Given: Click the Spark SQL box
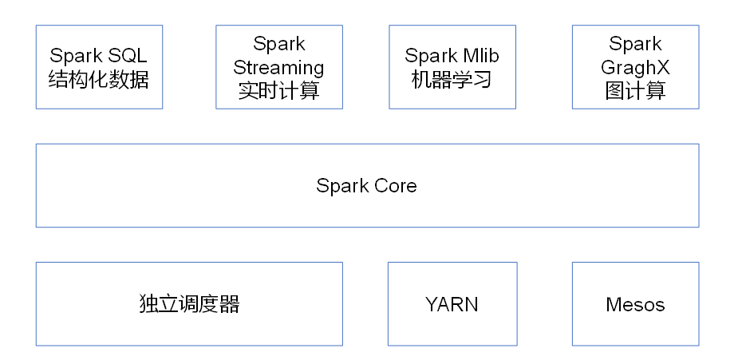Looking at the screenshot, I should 99,67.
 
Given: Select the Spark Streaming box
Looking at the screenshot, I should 279,67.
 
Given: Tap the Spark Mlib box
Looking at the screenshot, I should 452,67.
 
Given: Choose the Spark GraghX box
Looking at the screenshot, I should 635,67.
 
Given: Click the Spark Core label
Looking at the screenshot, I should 366,186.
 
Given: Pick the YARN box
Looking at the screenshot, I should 452,304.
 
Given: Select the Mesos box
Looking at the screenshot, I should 635,304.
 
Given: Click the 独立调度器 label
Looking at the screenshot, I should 189,304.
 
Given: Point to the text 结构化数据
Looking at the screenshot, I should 99,80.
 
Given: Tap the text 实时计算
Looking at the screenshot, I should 279,91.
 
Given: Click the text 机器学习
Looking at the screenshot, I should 452,80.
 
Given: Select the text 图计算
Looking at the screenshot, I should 635,91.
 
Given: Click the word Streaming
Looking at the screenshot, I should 279,67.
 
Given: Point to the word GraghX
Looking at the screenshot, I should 635,67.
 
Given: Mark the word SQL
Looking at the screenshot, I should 128,56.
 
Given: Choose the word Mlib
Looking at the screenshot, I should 480,56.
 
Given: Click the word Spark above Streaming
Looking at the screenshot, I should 279,44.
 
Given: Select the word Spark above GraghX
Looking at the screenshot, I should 635,44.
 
